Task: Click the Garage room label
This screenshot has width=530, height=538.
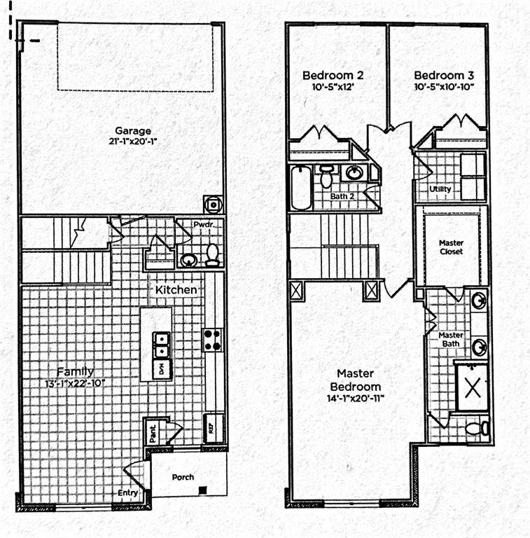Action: [133, 130]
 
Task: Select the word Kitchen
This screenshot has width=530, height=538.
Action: [176, 289]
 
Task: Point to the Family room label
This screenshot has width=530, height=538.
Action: [75, 371]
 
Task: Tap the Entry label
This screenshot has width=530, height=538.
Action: [127, 493]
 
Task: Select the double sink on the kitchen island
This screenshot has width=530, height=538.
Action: [161, 343]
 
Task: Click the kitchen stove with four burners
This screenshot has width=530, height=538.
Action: [212, 340]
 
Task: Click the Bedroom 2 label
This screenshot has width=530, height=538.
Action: [333, 75]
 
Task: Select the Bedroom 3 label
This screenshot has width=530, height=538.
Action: [444, 75]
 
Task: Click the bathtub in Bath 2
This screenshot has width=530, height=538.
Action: [299, 187]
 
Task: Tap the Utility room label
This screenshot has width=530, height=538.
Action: [440, 190]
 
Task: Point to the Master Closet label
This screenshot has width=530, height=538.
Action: [451, 247]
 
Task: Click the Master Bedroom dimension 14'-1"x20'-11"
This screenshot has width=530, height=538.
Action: [358, 399]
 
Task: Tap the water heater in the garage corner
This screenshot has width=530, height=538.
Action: [213, 204]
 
